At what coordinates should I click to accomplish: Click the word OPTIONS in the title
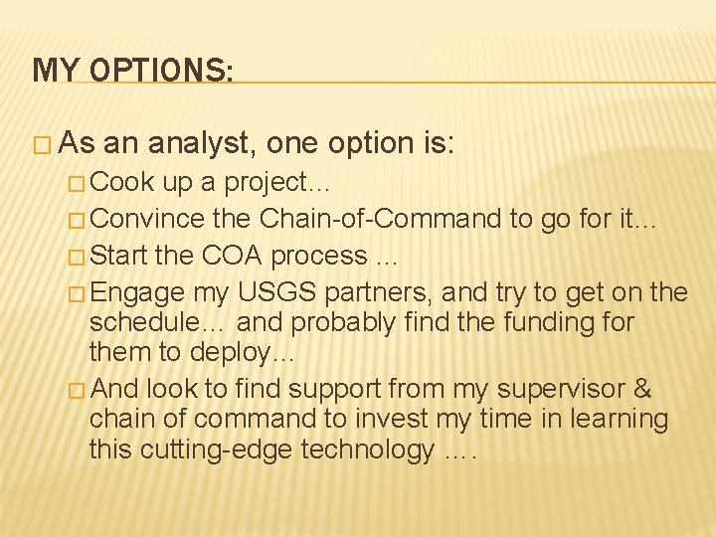[x=162, y=70]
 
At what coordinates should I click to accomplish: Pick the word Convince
[x=152, y=219]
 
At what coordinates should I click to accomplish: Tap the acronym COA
[x=233, y=255]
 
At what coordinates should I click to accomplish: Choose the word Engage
[x=144, y=291]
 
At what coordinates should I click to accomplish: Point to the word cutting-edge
[x=218, y=449]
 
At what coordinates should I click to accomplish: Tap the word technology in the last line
[x=366, y=449]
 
